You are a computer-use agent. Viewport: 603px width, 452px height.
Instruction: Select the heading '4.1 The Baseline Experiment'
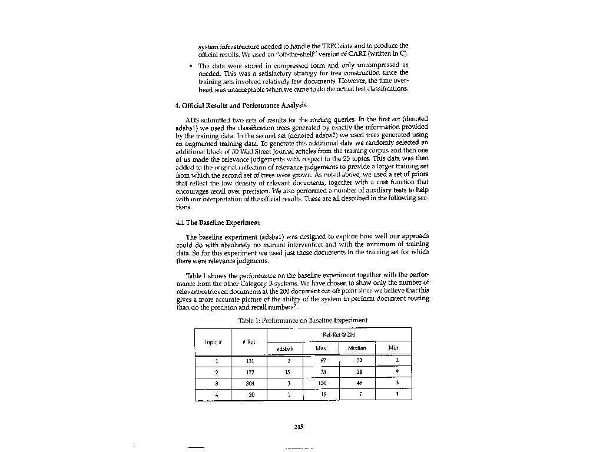click(x=218, y=222)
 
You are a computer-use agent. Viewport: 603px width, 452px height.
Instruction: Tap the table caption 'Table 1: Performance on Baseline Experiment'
click(x=303, y=320)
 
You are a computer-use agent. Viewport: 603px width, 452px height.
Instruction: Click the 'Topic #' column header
click(x=213, y=341)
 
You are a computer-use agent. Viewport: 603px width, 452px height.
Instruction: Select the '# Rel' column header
click(x=249, y=341)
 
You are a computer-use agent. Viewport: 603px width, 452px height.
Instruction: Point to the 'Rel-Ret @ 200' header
click(x=339, y=334)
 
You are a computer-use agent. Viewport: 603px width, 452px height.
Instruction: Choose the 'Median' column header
click(x=357, y=348)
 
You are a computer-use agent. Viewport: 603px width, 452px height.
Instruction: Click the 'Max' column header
click(x=321, y=348)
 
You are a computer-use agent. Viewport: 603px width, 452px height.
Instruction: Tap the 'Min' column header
click(x=393, y=348)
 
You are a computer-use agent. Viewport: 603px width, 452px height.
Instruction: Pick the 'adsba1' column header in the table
click(x=284, y=348)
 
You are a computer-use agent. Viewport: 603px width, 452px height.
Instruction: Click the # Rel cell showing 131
click(x=250, y=361)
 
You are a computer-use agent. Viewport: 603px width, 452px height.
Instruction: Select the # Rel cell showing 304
click(x=250, y=383)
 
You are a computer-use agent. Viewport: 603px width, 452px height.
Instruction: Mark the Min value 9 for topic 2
click(x=397, y=372)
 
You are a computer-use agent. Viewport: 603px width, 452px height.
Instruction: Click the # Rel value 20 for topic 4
click(x=251, y=394)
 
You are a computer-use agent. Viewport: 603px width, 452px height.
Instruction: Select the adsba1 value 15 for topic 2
click(x=287, y=372)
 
